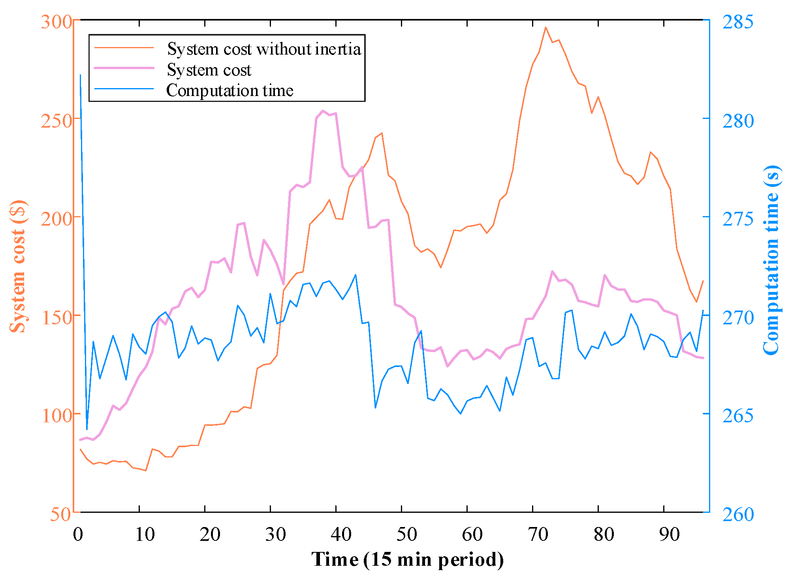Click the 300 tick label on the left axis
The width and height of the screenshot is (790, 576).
(56, 22)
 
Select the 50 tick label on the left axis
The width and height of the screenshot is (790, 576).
(60, 514)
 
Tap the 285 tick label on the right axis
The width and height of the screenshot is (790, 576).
(738, 22)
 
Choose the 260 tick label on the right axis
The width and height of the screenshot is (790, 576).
(738, 514)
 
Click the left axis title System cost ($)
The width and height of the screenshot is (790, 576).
(18, 267)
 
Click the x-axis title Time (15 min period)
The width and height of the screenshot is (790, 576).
(408, 559)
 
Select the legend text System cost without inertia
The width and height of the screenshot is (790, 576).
(264, 49)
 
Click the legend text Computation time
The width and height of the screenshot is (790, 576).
(229, 90)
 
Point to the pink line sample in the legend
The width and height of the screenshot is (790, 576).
(124, 68)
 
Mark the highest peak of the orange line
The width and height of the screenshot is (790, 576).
(545, 27)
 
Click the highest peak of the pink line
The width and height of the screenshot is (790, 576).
(323, 111)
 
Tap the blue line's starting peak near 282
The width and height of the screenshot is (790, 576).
(80, 75)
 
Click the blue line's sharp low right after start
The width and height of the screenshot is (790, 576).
(87, 429)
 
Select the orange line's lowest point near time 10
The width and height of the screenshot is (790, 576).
(146, 471)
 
